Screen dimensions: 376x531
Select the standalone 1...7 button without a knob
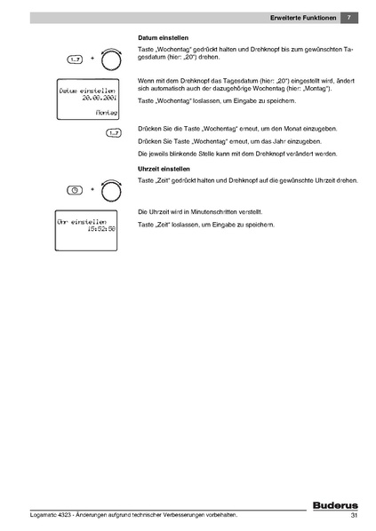[x=112, y=133]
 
